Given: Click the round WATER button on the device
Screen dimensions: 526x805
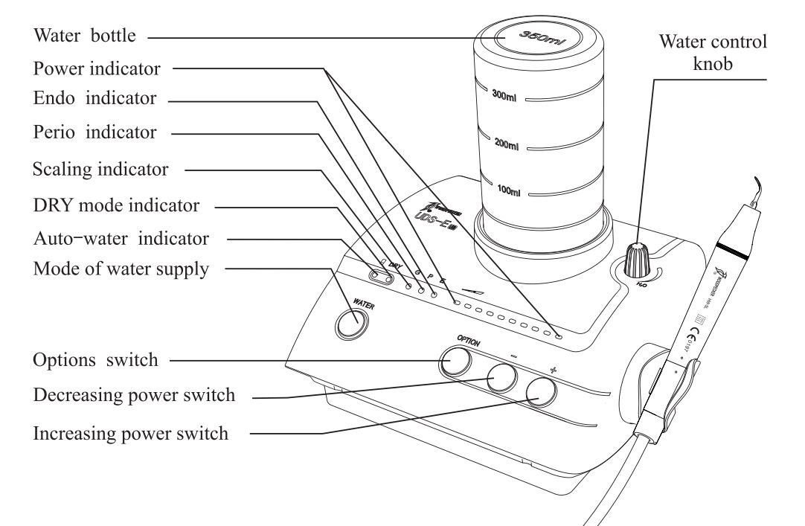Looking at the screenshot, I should coord(350,324).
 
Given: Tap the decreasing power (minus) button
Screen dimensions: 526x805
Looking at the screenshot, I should coord(501,379).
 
